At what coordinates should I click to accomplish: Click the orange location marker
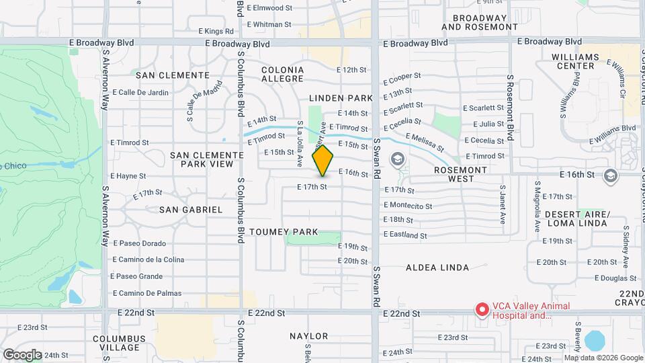(323, 161)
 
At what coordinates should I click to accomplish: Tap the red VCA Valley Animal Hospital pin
(482, 309)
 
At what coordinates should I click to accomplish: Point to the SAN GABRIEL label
(191, 210)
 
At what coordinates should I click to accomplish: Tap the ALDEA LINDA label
(437, 268)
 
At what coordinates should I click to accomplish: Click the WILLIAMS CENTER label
(575, 62)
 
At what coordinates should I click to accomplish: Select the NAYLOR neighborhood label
(309, 336)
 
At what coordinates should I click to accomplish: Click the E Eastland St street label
(405, 235)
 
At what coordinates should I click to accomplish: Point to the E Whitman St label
(269, 24)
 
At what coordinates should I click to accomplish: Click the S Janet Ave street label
(502, 204)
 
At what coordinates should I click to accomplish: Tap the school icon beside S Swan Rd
(397, 159)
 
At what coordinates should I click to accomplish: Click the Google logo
(22, 354)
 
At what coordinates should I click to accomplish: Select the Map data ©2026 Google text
(603, 358)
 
